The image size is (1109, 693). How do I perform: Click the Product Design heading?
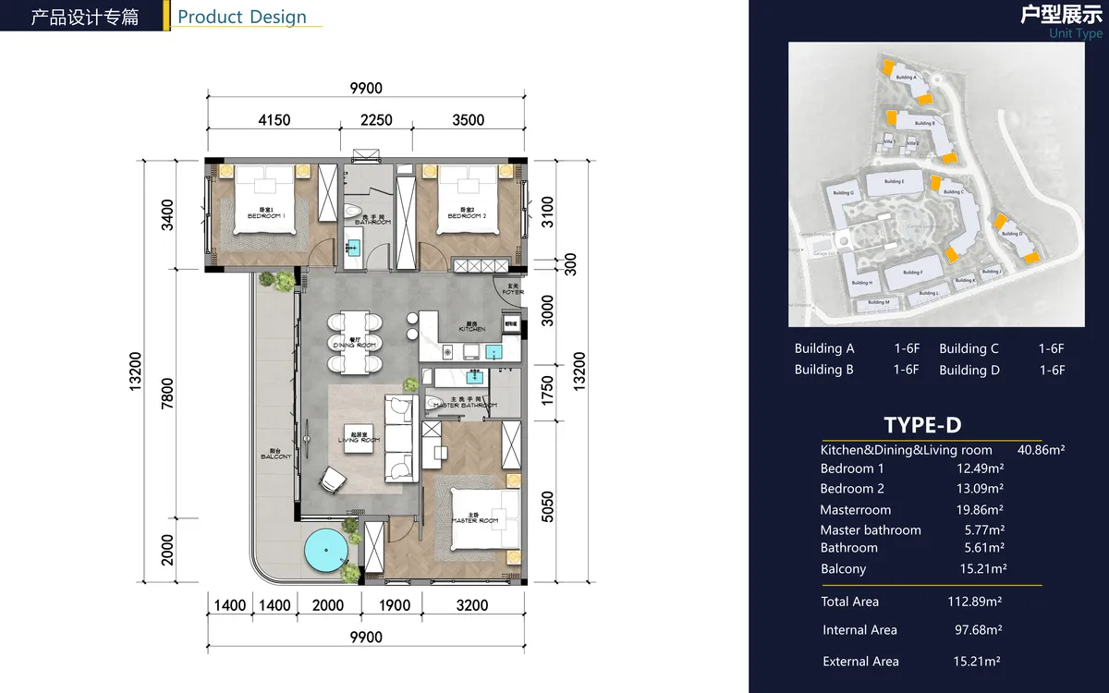click(242, 17)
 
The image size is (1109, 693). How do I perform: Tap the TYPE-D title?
click(922, 425)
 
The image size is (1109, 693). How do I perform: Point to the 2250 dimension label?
click(375, 120)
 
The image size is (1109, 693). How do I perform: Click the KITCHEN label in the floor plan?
click(472, 328)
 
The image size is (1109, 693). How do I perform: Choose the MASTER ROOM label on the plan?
click(475, 519)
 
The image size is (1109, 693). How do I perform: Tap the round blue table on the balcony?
click(325, 552)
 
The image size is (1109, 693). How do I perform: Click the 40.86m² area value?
click(1041, 450)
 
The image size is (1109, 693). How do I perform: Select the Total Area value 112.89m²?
click(969, 602)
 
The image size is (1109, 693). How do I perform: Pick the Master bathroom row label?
click(871, 530)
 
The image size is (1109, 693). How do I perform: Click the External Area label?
click(860, 662)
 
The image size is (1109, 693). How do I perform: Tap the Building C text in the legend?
click(969, 349)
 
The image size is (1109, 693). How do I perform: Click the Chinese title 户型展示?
click(1061, 14)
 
